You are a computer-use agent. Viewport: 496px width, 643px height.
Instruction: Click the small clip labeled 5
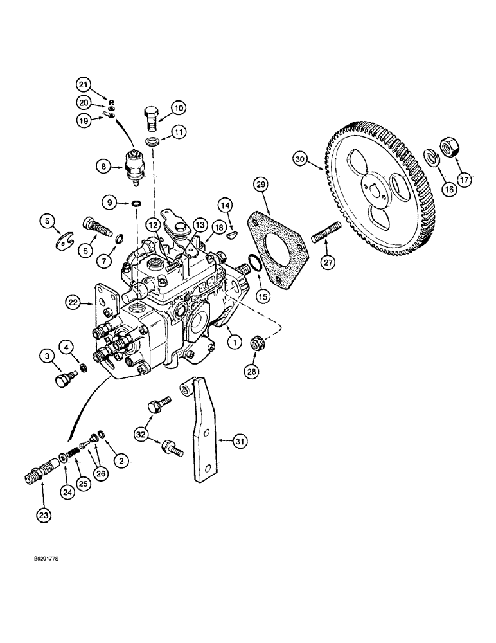(63, 242)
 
